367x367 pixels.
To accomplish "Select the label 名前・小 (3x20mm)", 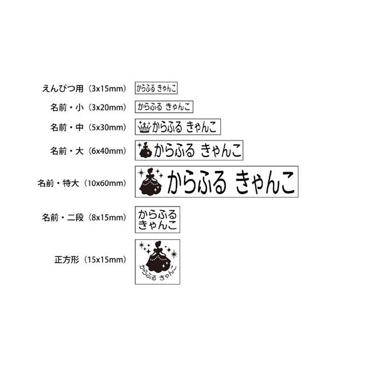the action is tap(88, 107).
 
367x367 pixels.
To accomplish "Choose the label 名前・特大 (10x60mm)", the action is tap(81, 183).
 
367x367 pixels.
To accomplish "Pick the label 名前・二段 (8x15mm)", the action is tap(83, 218).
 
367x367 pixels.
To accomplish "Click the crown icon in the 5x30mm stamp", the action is tap(145, 127).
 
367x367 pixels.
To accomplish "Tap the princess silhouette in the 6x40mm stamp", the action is tap(145, 151).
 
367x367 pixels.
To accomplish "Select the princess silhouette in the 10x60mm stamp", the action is tap(152, 183).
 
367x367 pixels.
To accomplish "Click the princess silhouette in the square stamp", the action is tap(157, 255).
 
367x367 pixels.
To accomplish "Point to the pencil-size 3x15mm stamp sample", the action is tap(156, 88).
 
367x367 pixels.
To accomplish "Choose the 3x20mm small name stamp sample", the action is tap(164, 107).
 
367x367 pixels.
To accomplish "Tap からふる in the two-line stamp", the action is tap(157, 213).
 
